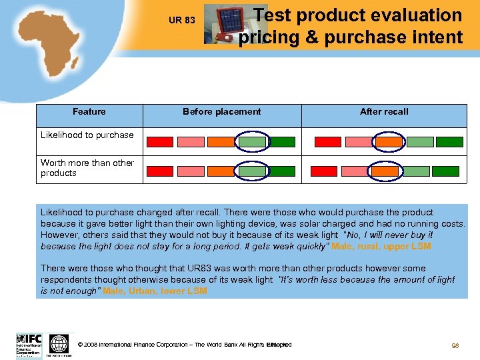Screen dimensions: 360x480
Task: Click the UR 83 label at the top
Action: pos(182,20)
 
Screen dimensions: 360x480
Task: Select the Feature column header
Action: pos(89,112)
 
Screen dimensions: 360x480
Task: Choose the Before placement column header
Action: pos(222,112)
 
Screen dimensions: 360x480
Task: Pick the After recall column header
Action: pos(384,112)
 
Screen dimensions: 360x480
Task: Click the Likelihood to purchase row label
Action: pos(87,135)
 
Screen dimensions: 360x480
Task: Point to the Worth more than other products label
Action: pos(87,168)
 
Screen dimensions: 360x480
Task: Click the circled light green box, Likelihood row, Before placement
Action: pos(251,142)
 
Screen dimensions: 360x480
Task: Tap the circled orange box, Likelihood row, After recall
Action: pos(389,142)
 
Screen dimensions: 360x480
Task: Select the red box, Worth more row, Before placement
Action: pos(160,171)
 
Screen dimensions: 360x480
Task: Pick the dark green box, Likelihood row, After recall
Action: pos(449,142)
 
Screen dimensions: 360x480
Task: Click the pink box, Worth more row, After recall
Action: pos(357,171)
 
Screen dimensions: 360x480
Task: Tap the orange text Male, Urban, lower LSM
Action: pos(155,291)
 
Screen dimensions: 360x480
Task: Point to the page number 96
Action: pos(456,345)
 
